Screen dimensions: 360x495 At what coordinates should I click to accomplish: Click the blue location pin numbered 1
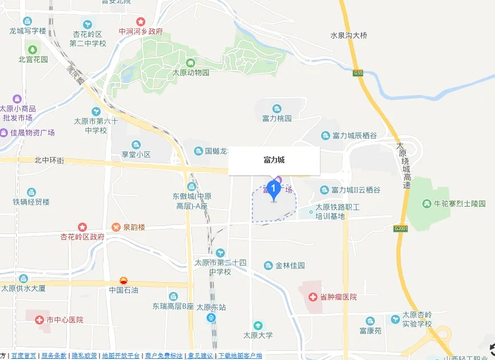pos(274,188)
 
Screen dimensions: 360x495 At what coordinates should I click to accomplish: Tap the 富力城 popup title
pos(274,160)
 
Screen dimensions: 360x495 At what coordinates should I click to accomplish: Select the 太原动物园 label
pos(191,73)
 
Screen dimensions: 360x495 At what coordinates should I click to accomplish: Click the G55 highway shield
pos(358,73)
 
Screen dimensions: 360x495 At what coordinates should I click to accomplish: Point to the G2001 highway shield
pos(401,228)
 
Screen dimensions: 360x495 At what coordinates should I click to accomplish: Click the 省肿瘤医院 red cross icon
pos(313,297)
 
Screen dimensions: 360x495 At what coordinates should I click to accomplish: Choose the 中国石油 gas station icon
pos(124,280)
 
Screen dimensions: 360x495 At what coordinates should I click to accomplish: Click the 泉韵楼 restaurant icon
pos(116,227)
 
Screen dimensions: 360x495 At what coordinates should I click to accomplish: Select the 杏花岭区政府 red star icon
pos(82,227)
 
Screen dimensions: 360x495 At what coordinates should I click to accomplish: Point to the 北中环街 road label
pos(49,161)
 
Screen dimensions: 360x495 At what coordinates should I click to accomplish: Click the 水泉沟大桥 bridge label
pos(349,35)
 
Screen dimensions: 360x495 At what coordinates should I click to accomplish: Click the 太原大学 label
pos(258,335)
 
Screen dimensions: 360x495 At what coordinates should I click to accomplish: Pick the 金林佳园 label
pos(290,266)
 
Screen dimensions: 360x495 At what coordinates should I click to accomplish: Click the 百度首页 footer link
pos(23,355)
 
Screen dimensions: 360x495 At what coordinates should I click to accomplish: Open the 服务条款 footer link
pos(54,355)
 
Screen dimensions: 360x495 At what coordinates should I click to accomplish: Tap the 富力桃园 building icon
pos(277,109)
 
